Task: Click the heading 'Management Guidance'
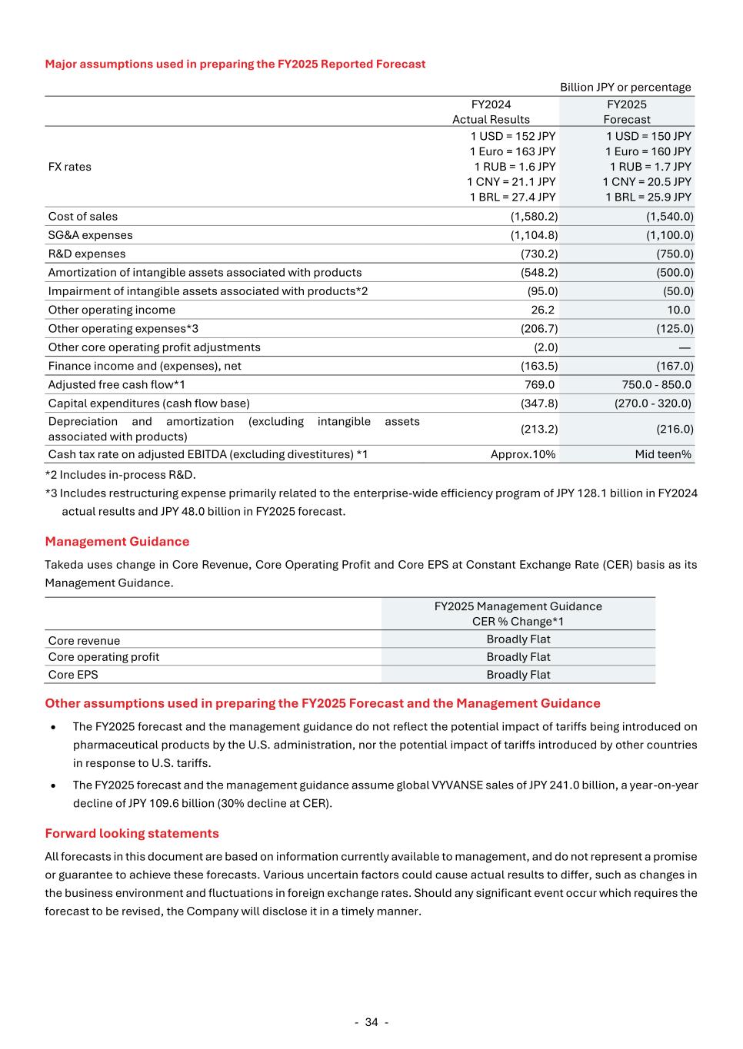pyautogui.click(x=117, y=542)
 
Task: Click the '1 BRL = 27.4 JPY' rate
pyautogui.click(x=512, y=197)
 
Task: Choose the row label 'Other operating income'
pyautogui.click(x=112, y=310)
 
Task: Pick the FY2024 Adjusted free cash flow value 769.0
pyautogui.click(x=539, y=384)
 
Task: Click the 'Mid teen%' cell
pyautogui.click(x=663, y=454)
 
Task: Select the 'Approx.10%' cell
pyautogui.click(x=523, y=454)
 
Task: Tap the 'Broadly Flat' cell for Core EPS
pyautogui.click(x=518, y=675)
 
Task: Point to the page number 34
pyautogui.click(x=371, y=1022)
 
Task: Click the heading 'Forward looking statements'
pyautogui.click(x=132, y=834)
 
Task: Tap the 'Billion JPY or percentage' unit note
pyautogui.click(x=625, y=88)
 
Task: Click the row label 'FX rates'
pyautogui.click(x=69, y=167)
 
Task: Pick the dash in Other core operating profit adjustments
pyautogui.click(x=685, y=347)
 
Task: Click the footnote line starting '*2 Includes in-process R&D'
pyautogui.click(x=120, y=475)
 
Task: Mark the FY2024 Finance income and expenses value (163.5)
pyautogui.click(x=539, y=366)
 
